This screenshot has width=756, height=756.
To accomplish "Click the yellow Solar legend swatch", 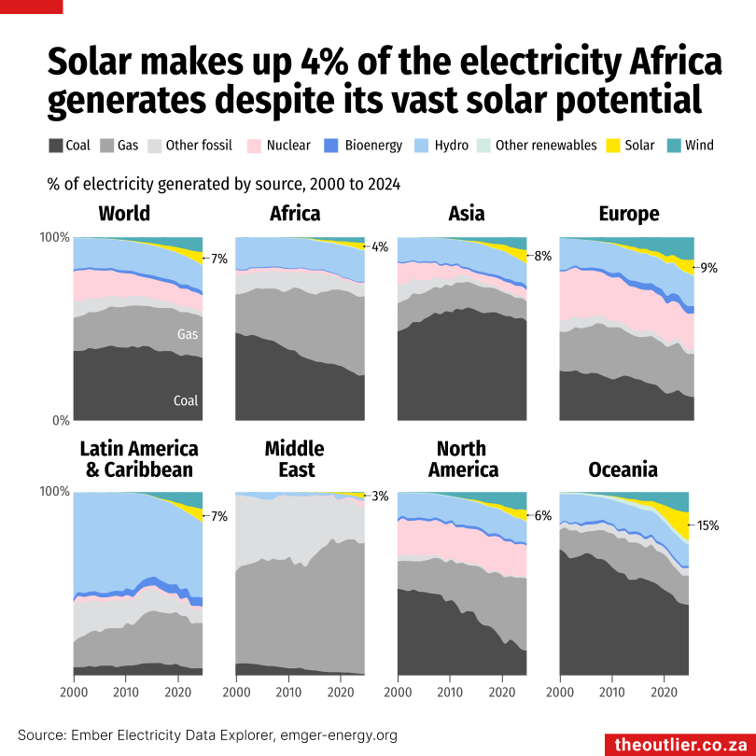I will pyautogui.click(x=613, y=146).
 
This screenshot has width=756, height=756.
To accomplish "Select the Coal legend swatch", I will pyautogui.click(x=55, y=146).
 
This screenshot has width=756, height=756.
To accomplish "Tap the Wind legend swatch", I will pyautogui.click(x=674, y=146).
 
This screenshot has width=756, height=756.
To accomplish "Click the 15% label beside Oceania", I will pyautogui.click(x=707, y=525).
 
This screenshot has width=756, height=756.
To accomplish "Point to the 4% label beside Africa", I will pyautogui.click(x=380, y=247).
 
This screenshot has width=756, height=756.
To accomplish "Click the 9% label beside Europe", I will pyautogui.click(x=709, y=268).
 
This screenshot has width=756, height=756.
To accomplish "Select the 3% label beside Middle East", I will pyautogui.click(x=380, y=497).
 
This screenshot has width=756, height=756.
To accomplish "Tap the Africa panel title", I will pyautogui.click(x=295, y=214).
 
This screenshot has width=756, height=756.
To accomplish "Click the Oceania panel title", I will pyautogui.click(x=623, y=469).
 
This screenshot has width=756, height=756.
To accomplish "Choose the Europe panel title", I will pyautogui.click(x=629, y=214).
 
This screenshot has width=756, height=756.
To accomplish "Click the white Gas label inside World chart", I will pyautogui.click(x=187, y=334).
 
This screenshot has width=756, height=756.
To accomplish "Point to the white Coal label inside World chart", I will pyautogui.click(x=186, y=401).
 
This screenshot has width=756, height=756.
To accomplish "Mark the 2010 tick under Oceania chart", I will pyautogui.click(x=612, y=693).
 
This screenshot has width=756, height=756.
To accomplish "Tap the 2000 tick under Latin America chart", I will pyautogui.click(x=74, y=693).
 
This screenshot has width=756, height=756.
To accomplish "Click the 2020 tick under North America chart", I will pyautogui.click(x=502, y=693).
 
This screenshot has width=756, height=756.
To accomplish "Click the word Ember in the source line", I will pyautogui.click(x=90, y=735).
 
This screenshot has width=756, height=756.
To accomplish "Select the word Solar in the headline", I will pyautogui.click(x=102, y=63).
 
